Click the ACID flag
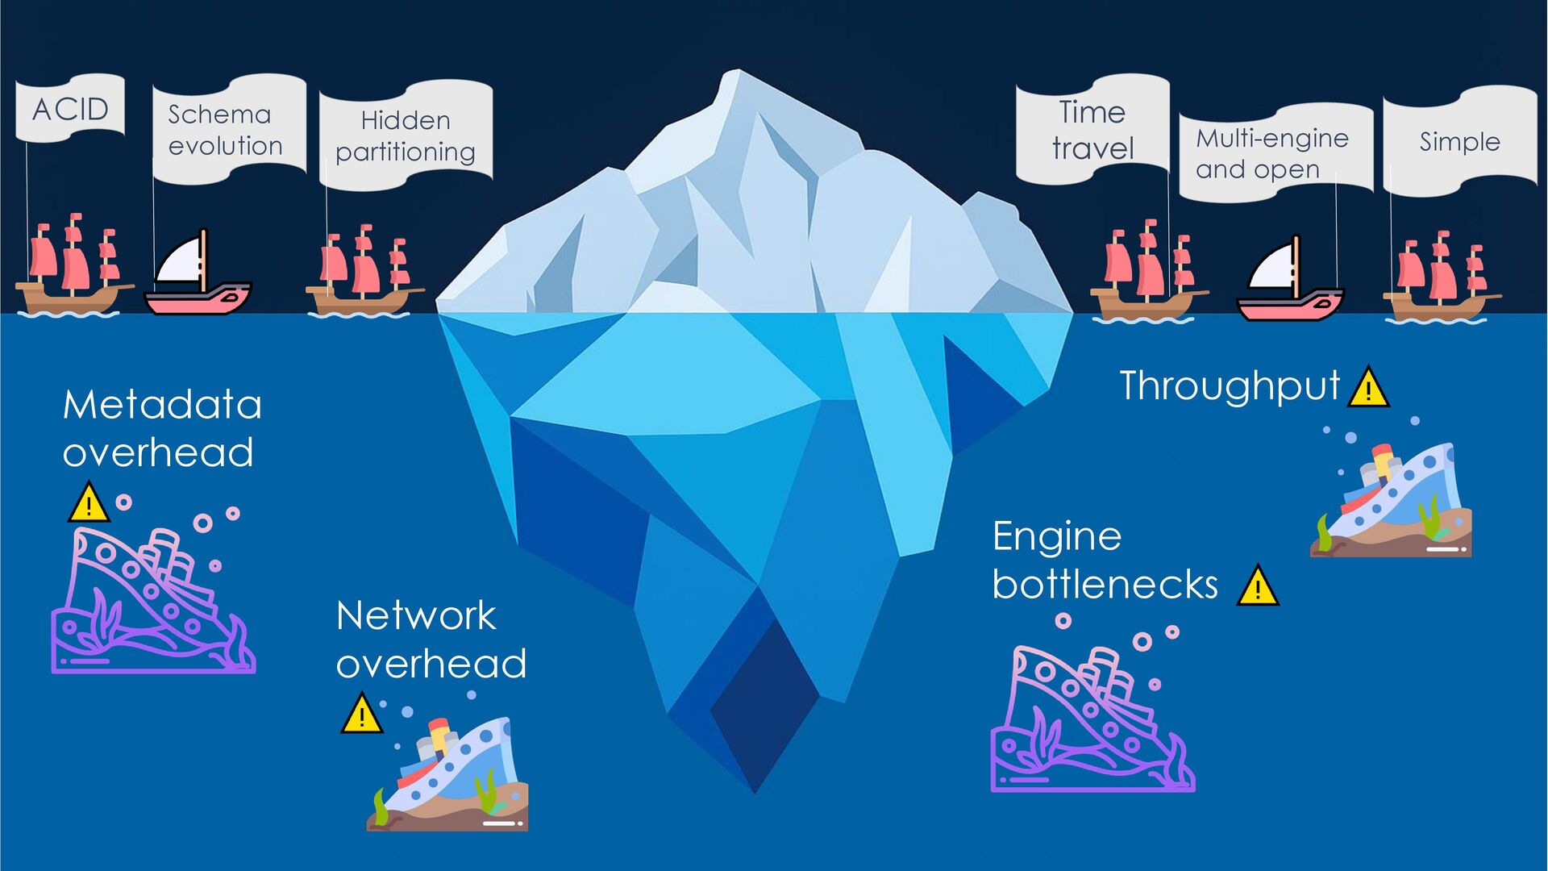[70, 108]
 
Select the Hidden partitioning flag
[406, 135]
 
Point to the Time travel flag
[1092, 129]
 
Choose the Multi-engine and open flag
[1274, 153]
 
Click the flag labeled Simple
[1459, 141]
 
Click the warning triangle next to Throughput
[1368, 388]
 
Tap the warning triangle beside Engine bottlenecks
[1258, 586]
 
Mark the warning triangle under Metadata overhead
[89, 504]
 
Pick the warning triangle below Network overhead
[362, 715]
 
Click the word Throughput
[1230, 386]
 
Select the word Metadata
[162, 405]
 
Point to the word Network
[415, 616]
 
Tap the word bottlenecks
[1105, 585]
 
